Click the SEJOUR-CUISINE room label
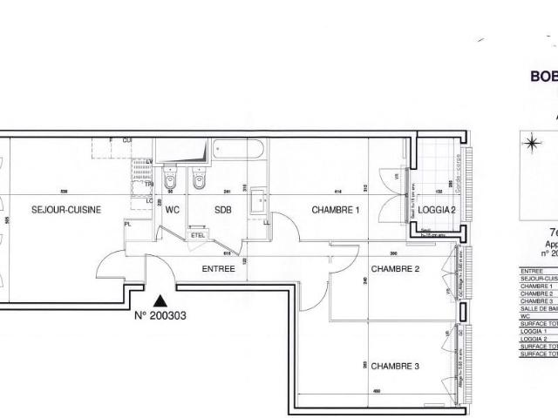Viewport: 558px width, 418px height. (67, 209)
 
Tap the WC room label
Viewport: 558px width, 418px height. (173, 209)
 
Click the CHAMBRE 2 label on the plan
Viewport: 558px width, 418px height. (396, 269)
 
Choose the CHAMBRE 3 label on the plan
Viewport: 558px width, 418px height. (396, 367)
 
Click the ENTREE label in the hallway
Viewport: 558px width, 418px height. (219, 269)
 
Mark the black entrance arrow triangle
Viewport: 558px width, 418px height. (159, 300)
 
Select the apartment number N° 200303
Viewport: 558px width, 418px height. (160, 317)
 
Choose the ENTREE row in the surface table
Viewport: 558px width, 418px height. (530, 271)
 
